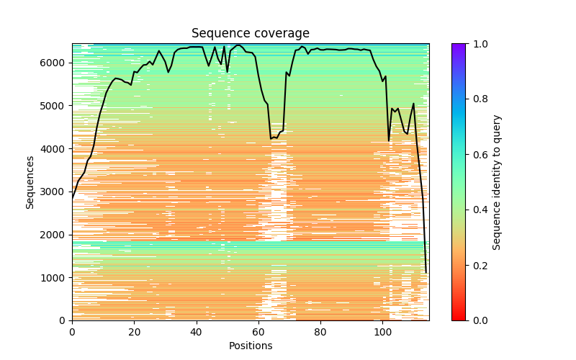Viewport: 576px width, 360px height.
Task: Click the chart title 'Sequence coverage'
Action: pyautogui.click(x=250, y=33)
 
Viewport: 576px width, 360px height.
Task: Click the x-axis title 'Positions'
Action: pyautogui.click(x=250, y=346)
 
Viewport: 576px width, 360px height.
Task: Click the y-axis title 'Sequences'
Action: pyautogui.click(x=30, y=182)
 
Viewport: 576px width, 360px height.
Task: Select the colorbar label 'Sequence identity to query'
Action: pyautogui.click(x=497, y=182)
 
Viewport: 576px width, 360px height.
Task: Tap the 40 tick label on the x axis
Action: pyautogui.click(x=196, y=332)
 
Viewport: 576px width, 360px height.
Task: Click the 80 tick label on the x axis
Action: pyautogui.click(x=320, y=332)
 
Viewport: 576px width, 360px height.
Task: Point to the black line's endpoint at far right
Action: pyautogui.click(x=426, y=272)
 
